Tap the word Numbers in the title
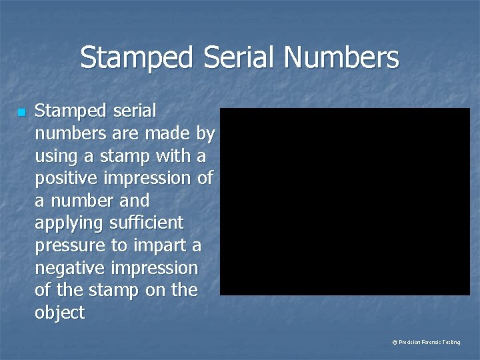[341, 57]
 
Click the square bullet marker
[21, 112]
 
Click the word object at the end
[60, 313]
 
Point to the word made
[167, 134]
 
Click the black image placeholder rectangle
[345, 201]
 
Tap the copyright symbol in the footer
[395, 342]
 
